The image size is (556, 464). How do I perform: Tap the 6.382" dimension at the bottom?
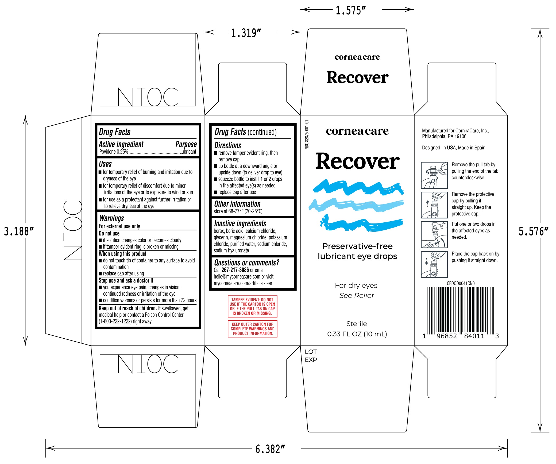coord(270,449)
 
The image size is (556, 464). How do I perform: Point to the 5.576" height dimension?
coord(533,231)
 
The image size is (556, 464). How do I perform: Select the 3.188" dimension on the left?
coord(19,231)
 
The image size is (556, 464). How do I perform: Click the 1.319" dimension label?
coord(246,33)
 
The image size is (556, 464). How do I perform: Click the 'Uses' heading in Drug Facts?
coord(105,164)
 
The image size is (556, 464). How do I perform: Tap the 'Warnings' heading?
coord(111,218)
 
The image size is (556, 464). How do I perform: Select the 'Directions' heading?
coord(228,145)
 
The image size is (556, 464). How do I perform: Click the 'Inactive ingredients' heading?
coord(240,223)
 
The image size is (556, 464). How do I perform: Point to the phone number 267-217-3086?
coord(235,270)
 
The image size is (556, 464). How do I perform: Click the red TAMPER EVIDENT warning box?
coord(252,306)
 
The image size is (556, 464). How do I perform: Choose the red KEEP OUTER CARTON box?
coord(252,329)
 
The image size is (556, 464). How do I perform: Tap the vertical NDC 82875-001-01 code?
coord(307,135)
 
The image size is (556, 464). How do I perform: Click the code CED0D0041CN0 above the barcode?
coord(461,283)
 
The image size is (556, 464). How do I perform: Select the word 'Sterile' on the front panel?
coord(357,324)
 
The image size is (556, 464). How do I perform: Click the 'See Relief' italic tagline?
coord(357,296)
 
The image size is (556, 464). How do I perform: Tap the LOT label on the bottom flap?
coord(311,352)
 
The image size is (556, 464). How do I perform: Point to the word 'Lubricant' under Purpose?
coord(188,152)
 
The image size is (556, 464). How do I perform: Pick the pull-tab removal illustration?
coord(434,175)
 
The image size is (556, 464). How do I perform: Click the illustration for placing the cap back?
coord(434,264)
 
